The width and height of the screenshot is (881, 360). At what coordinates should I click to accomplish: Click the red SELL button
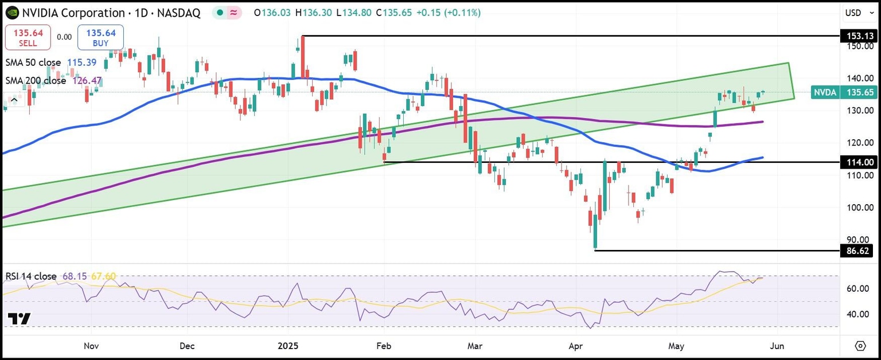[24, 37]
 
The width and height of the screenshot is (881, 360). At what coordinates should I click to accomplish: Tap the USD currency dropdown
[858, 13]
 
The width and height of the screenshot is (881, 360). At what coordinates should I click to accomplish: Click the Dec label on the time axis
[187, 346]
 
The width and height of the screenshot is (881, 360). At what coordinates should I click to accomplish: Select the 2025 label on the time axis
[289, 346]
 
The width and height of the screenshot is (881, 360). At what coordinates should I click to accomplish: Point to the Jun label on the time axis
[777, 346]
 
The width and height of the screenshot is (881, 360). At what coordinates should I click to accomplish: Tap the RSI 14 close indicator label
[31, 276]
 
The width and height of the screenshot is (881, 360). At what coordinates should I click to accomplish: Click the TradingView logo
[19, 319]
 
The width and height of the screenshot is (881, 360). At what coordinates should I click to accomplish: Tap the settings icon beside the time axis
[860, 346]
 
